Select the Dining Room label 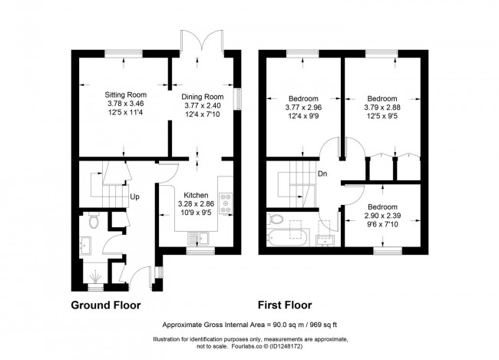pyautogui.click(x=201, y=97)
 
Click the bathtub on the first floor pyautogui.click(x=286, y=231)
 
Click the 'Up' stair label pyautogui.click(x=134, y=197)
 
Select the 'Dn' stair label pyautogui.click(x=322, y=174)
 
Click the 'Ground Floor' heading pyautogui.click(x=106, y=305)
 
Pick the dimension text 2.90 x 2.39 pyautogui.click(x=382, y=216)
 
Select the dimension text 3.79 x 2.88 pyautogui.click(x=382, y=107)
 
